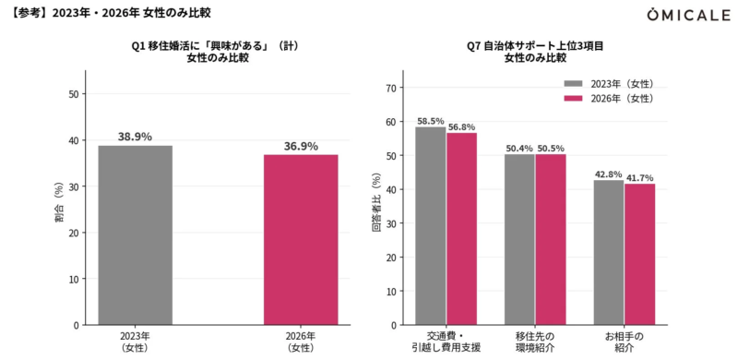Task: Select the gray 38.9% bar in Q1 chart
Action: pos(135,234)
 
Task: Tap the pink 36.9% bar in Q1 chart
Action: pos(301,239)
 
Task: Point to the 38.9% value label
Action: pos(135,137)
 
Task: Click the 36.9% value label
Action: pos(301,146)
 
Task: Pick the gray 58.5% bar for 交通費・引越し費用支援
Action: pos(431,225)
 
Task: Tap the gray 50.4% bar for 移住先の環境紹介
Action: pos(519,239)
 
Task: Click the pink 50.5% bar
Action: pos(551,239)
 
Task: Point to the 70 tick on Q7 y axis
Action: pos(391,88)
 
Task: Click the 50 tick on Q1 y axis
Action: pos(73,93)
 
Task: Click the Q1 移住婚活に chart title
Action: pos(218,51)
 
